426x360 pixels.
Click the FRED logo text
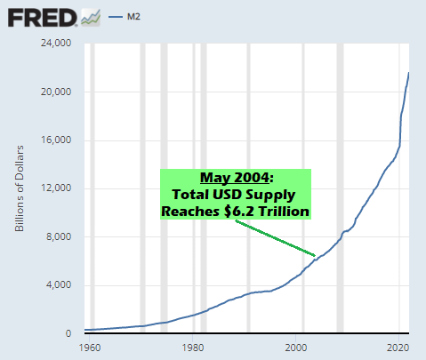(42, 18)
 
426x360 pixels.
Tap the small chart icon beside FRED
(91, 18)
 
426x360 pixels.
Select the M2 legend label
(133, 17)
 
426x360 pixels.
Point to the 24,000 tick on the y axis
(56, 43)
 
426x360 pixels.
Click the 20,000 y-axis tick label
(56, 92)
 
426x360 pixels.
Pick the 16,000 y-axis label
(56, 140)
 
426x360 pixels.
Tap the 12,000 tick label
(56, 188)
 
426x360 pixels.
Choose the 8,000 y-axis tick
(59, 236)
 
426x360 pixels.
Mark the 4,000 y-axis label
(59, 285)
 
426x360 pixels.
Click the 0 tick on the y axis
(68, 333)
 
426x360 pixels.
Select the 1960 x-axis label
(90, 348)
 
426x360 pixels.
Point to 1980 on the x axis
(193, 348)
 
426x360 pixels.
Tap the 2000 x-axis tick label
(296, 348)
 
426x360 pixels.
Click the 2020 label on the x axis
(398, 348)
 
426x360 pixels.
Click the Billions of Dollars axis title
(20, 188)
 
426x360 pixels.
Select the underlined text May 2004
(235, 178)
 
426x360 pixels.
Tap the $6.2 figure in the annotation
(239, 212)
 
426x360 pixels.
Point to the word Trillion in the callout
(284, 212)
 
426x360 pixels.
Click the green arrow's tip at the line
(316, 256)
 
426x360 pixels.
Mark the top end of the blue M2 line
(409, 72)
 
